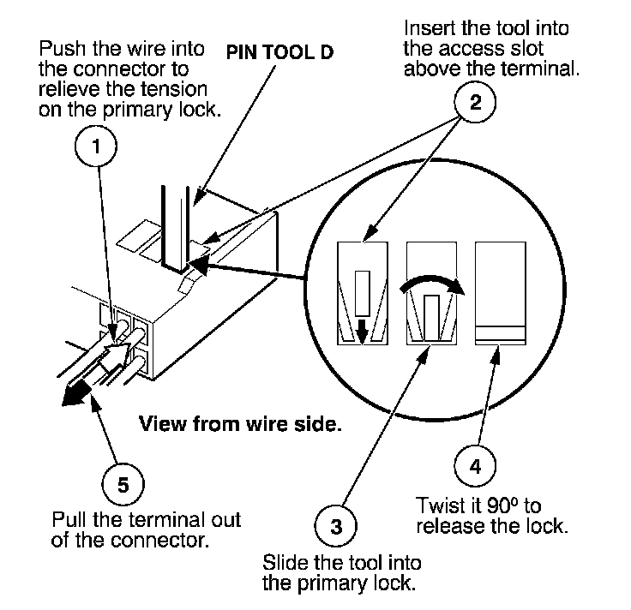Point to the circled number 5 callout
click(x=123, y=485)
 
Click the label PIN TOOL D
click(x=279, y=51)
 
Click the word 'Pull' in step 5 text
click(x=69, y=520)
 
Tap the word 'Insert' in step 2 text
click(x=426, y=29)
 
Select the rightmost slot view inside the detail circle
click(x=500, y=290)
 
